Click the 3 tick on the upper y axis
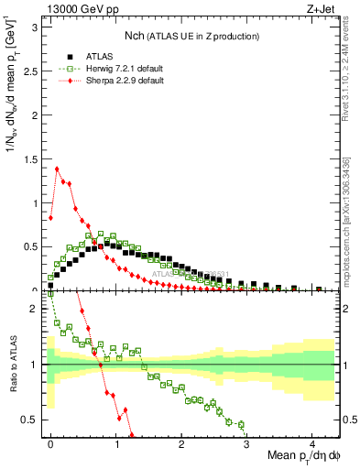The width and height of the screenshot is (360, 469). tap(37, 27)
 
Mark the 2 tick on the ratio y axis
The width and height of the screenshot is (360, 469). tap(37, 309)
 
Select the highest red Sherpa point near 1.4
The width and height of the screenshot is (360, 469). tap(57, 168)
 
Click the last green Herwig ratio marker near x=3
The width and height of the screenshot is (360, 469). tap(241, 424)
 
